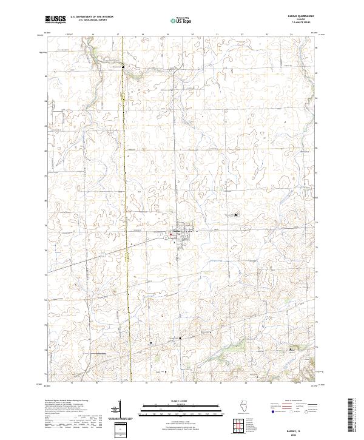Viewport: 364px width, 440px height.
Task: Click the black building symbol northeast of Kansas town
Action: pyautogui.click(x=236, y=215)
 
